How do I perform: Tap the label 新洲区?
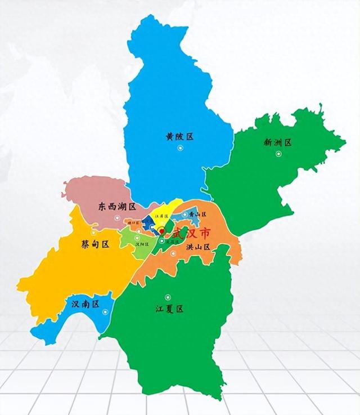click(x=277, y=142)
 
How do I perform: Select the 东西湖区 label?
click(x=116, y=207)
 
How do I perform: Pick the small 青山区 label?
click(x=198, y=215)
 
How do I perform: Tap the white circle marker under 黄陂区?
click(x=180, y=148)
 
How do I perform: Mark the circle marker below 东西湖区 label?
click(x=117, y=218)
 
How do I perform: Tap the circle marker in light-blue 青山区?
click(x=185, y=215)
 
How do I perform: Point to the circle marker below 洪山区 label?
click(x=174, y=254)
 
